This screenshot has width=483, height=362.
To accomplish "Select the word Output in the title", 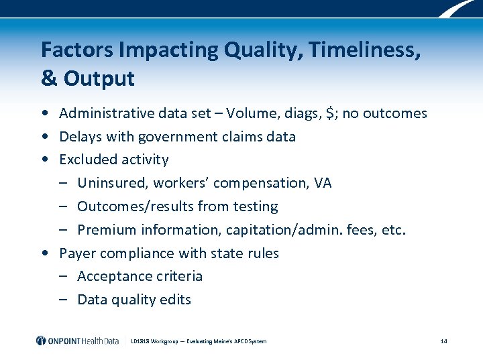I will pos(99,78).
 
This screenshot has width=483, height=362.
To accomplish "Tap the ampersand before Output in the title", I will pos(49,78).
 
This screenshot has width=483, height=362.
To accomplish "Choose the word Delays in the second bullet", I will pos(79,137).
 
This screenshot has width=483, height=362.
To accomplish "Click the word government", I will pos(177,137).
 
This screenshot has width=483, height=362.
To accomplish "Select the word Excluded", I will pos(86,160).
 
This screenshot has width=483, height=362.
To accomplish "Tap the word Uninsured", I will pos(112,183).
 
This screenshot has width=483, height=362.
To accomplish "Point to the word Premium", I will pos(105,230).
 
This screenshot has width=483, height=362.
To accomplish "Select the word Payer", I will pos(76,253).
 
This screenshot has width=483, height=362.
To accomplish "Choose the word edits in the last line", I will pos(175,300).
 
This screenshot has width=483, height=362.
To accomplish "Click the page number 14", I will pos(443,341).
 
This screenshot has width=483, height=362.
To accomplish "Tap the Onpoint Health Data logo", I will pos(77,341).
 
